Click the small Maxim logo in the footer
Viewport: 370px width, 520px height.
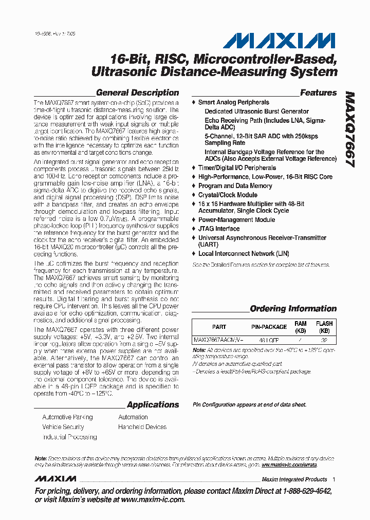pos(55,479)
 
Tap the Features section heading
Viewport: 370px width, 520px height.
pos(318,93)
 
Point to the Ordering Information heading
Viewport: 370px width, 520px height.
pos(293,309)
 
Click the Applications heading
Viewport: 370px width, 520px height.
pos(153,405)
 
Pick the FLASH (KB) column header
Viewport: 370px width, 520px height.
pos(324,327)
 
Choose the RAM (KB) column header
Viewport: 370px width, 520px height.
pos(300,327)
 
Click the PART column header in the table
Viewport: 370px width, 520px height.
pos(219,327)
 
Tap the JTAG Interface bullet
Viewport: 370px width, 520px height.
pos(219,229)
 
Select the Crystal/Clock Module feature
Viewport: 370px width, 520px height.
pos(228,195)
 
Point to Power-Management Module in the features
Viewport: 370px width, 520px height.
pos(236,220)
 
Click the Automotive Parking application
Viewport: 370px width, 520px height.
pos(67,417)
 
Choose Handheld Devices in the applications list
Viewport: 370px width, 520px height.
pos(142,427)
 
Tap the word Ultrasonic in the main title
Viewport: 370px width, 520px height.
pos(122,71)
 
